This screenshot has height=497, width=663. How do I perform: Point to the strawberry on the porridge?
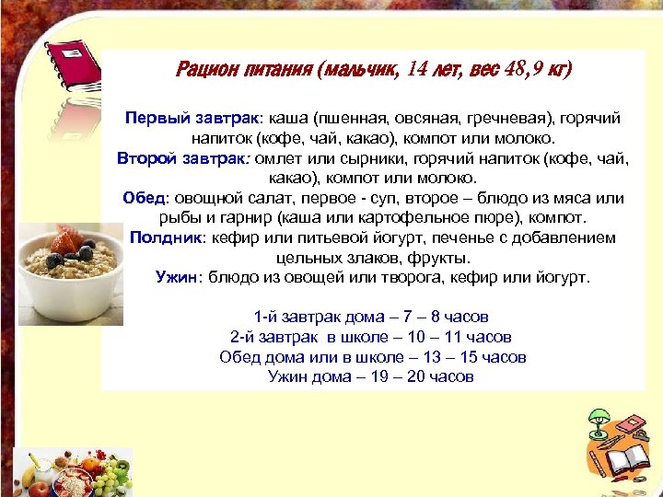[x=64, y=241]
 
